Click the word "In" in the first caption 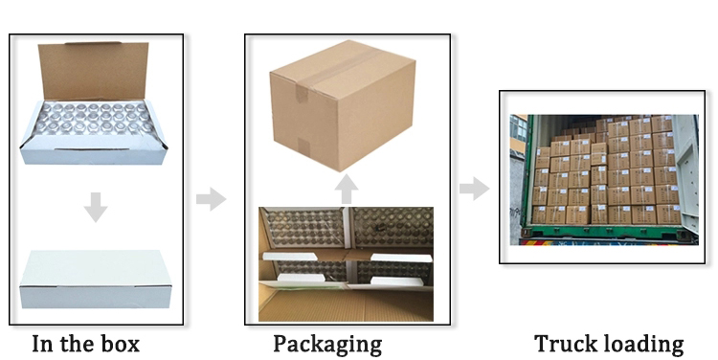click(x=43, y=344)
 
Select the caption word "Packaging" click(x=327, y=344)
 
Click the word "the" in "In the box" click(x=81, y=344)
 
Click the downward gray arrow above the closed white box click(x=95, y=207)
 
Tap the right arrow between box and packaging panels click(x=211, y=199)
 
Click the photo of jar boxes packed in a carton click(x=346, y=263)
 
